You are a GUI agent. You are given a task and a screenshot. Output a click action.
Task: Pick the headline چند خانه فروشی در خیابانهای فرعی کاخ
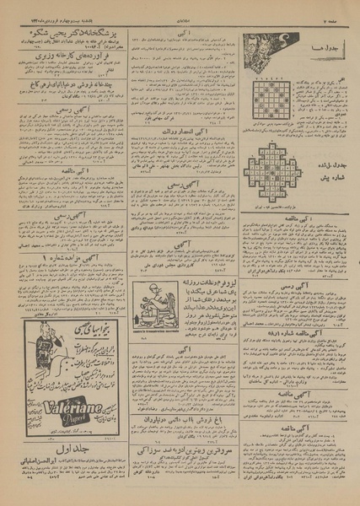[x=67, y=84]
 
